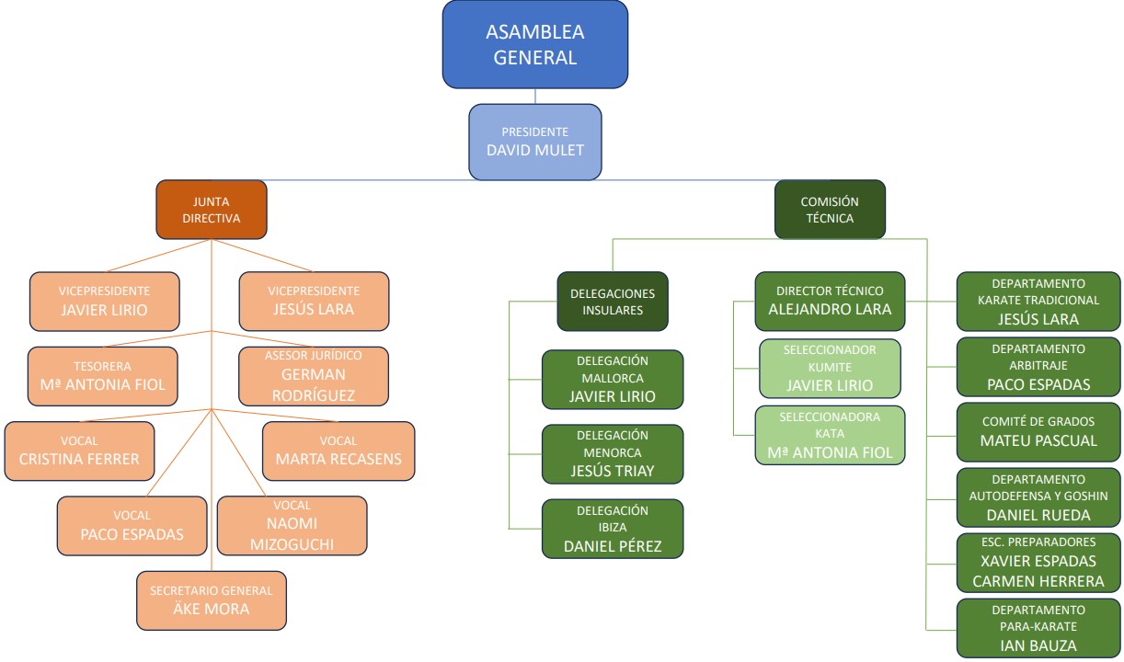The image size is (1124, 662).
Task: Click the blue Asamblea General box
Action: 535,44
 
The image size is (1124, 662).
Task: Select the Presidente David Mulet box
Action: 535,141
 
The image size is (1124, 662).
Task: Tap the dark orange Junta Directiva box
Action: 212,210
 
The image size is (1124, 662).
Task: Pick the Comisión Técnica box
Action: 830,210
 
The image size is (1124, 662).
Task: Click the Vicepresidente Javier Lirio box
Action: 104,301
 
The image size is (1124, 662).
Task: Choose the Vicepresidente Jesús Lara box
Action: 314,301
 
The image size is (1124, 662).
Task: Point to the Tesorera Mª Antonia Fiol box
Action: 103,375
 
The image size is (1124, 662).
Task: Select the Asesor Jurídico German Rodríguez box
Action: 314,375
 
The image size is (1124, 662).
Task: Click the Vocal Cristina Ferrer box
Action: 79,451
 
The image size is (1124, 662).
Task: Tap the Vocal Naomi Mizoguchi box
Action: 292,526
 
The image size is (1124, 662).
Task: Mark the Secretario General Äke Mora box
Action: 212,599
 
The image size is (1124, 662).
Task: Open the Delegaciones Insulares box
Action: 613,302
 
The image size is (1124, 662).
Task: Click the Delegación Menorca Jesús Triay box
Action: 613,454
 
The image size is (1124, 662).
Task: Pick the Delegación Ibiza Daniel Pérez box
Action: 613,529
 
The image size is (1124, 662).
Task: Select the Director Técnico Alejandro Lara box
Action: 830,301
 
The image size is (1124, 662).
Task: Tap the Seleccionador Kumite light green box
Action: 830,368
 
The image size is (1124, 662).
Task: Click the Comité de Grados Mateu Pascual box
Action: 1038,431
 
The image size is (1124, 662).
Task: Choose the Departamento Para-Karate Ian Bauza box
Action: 1038,628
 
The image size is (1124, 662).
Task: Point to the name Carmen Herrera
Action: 1038,581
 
